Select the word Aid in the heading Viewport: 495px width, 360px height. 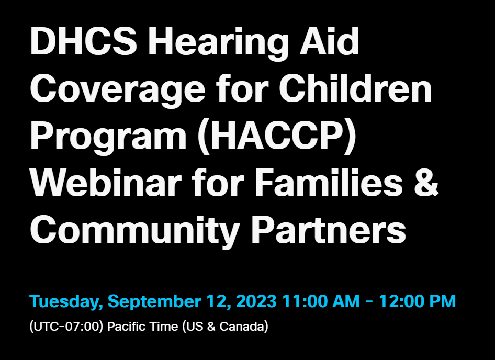(329, 41)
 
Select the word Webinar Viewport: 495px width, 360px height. (106, 182)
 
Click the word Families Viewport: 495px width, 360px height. (329, 182)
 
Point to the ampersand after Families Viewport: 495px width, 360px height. (426, 183)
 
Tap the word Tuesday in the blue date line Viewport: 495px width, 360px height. (66, 301)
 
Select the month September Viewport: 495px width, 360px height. (154, 301)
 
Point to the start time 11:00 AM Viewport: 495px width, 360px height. (321, 301)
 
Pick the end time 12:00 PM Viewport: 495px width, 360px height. (418, 301)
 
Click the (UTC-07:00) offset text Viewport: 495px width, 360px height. (66, 326)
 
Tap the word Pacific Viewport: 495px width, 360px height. (127, 326)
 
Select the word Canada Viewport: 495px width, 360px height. (244, 326)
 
